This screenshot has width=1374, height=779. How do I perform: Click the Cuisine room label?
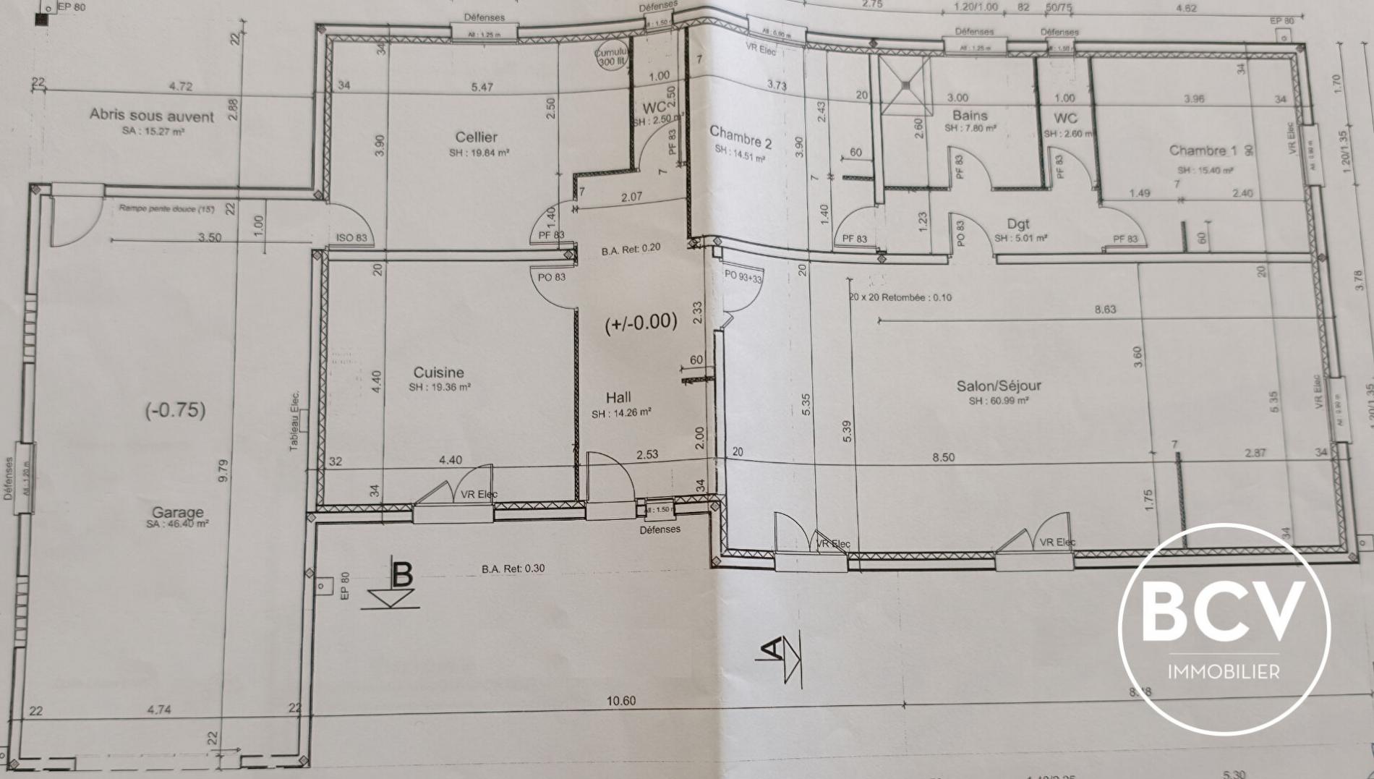(x=438, y=373)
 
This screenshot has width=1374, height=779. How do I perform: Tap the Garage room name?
(x=177, y=512)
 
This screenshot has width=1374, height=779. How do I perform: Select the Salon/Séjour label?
(x=999, y=386)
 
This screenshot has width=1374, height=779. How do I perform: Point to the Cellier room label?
(x=476, y=137)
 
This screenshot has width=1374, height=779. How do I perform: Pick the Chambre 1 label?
(x=1203, y=150)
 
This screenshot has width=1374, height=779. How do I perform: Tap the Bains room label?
(x=969, y=116)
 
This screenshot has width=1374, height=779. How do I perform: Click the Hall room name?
(x=618, y=397)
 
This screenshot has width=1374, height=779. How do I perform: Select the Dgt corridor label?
(x=1017, y=224)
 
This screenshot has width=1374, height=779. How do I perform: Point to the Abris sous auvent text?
(x=152, y=116)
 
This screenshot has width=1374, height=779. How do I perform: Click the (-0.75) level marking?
(x=175, y=410)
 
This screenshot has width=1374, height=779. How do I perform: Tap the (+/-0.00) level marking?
(x=641, y=323)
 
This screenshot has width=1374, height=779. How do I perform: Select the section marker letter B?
(x=401, y=574)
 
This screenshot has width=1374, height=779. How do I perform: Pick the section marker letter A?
(x=773, y=649)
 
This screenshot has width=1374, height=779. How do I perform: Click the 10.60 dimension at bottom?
(x=620, y=700)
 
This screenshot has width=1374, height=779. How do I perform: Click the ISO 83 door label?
(x=351, y=237)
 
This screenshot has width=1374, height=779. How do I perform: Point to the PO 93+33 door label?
(x=743, y=276)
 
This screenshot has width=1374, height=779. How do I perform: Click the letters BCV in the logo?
(x=1224, y=613)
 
